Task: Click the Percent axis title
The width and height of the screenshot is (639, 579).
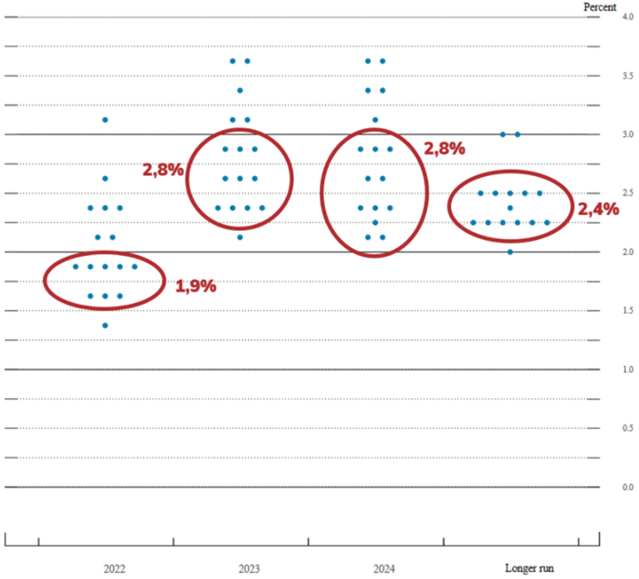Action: click(x=600, y=7)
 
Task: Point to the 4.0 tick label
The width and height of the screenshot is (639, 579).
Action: click(x=628, y=17)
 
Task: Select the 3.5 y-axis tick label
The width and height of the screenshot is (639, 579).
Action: click(x=628, y=76)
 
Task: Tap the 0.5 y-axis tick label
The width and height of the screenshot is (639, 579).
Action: click(x=628, y=428)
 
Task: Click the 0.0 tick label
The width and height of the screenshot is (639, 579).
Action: click(x=628, y=487)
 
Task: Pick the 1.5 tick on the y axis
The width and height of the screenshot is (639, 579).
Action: click(x=628, y=310)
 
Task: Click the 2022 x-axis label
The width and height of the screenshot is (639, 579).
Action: click(x=114, y=568)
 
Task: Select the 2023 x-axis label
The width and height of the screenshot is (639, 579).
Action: click(x=249, y=568)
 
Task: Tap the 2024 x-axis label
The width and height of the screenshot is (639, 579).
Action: click(x=384, y=568)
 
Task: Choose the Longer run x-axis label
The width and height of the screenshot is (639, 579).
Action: click(x=529, y=568)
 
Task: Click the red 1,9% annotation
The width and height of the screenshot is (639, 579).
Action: click(x=196, y=286)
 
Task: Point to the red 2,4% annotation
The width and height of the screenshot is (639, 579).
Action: click(x=599, y=210)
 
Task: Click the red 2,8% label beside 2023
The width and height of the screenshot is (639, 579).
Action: click(x=163, y=170)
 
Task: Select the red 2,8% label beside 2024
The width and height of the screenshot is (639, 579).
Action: click(x=444, y=149)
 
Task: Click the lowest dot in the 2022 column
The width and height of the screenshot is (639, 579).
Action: click(x=105, y=325)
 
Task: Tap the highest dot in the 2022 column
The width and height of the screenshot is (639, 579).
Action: click(x=105, y=120)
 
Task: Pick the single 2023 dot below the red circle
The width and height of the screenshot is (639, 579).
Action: click(x=240, y=237)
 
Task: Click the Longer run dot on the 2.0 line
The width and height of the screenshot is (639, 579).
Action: click(x=510, y=252)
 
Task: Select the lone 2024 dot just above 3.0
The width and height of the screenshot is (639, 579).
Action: click(x=375, y=120)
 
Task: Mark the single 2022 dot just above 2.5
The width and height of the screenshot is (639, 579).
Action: click(x=105, y=178)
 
